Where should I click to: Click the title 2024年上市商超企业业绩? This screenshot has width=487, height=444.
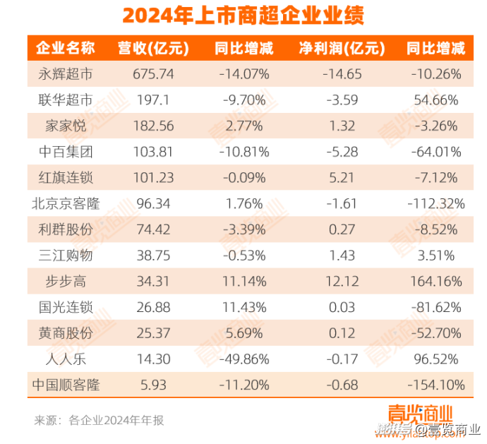point(243,16)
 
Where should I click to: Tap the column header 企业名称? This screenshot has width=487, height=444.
point(66,49)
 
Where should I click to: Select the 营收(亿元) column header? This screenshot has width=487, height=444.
point(152,49)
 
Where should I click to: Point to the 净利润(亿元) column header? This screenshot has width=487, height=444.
point(341,49)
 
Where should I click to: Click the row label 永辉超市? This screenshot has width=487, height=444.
point(66,74)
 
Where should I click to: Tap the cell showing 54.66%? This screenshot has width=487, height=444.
point(436,100)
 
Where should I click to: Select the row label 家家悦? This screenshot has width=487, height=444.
point(66,126)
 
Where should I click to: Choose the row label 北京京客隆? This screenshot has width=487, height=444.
point(66,204)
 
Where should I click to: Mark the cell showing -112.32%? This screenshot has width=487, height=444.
point(436,204)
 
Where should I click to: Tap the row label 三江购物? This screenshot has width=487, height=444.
point(66,256)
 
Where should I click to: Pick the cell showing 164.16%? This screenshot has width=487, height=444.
point(436,282)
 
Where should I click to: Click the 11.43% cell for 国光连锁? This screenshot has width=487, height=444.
point(242,308)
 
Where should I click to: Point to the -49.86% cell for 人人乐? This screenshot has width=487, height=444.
point(242,359)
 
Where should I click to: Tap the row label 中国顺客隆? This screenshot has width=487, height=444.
point(66,385)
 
